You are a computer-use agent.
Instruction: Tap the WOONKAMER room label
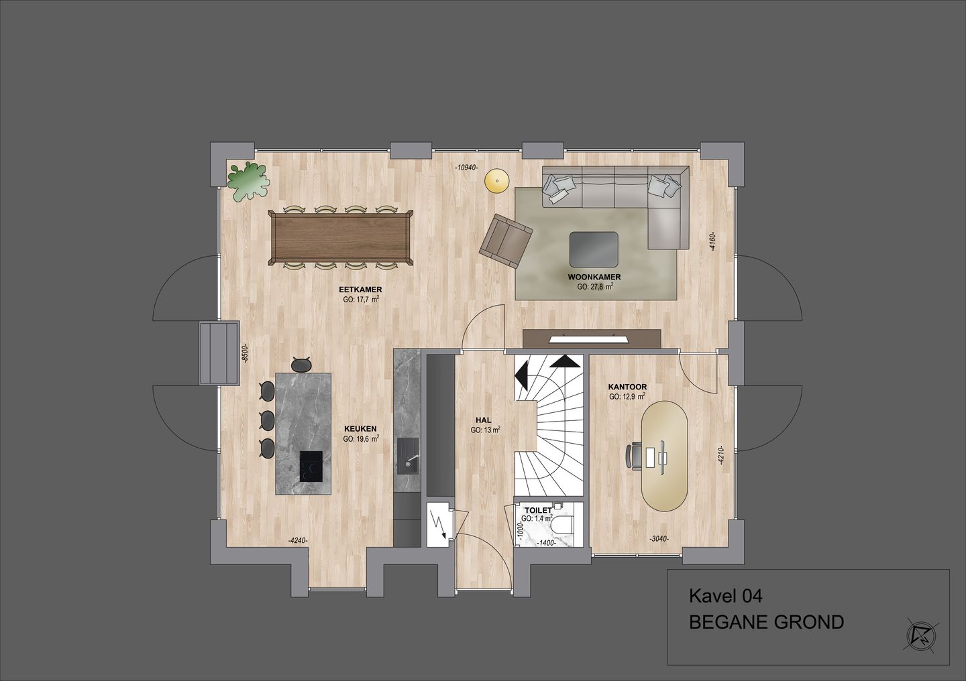click(594, 276)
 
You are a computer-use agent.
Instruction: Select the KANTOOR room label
click(627, 387)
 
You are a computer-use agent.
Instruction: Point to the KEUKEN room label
click(360, 429)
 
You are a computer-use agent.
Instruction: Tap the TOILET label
click(538, 510)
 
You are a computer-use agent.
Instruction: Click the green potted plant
click(246, 180)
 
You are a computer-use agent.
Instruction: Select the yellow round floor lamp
click(496, 180)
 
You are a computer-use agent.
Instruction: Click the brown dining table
click(341, 237)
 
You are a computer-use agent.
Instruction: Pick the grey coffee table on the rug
click(594, 249)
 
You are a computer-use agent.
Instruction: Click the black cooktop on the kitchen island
click(311, 466)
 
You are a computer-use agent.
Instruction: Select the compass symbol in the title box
click(919, 633)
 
